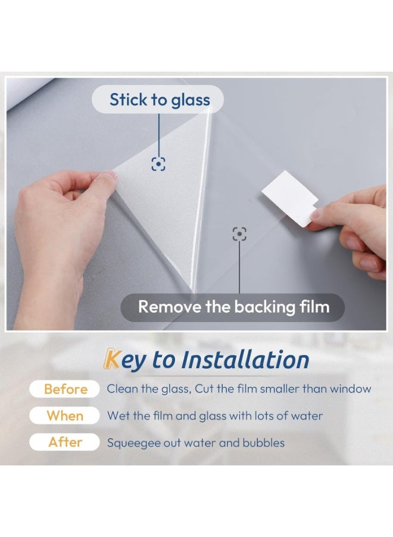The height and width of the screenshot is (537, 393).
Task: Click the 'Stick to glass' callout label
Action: pyautogui.click(x=159, y=100)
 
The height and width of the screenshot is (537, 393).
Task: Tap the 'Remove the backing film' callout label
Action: pyautogui.click(x=233, y=307)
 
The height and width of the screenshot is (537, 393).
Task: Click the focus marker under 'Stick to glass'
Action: pyautogui.click(x=158, y=163)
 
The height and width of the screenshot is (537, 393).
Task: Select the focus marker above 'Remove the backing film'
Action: pyautogui.click(x=239, y=234)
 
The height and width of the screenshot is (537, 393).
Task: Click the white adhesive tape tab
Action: pyautogui.click(x=288, y=198)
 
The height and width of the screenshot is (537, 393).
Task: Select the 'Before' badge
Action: pyautogui.click(x=65, y=389)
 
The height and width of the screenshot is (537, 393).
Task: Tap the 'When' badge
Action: pyautogui.click(x=65, y=415)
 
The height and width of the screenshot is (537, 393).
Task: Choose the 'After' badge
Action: pyautogui.click(x=65, y=442)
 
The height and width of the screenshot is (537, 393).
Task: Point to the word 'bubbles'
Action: pyautogui.click(x=263, y=443)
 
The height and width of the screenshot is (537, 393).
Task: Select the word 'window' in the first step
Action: pyautogui.click(x=351, y=389)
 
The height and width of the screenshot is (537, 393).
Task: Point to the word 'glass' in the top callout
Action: pyautogui.click(x=191, y=100)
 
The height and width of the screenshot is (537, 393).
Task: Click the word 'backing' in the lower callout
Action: pyautogui.click(x=263, y=307)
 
